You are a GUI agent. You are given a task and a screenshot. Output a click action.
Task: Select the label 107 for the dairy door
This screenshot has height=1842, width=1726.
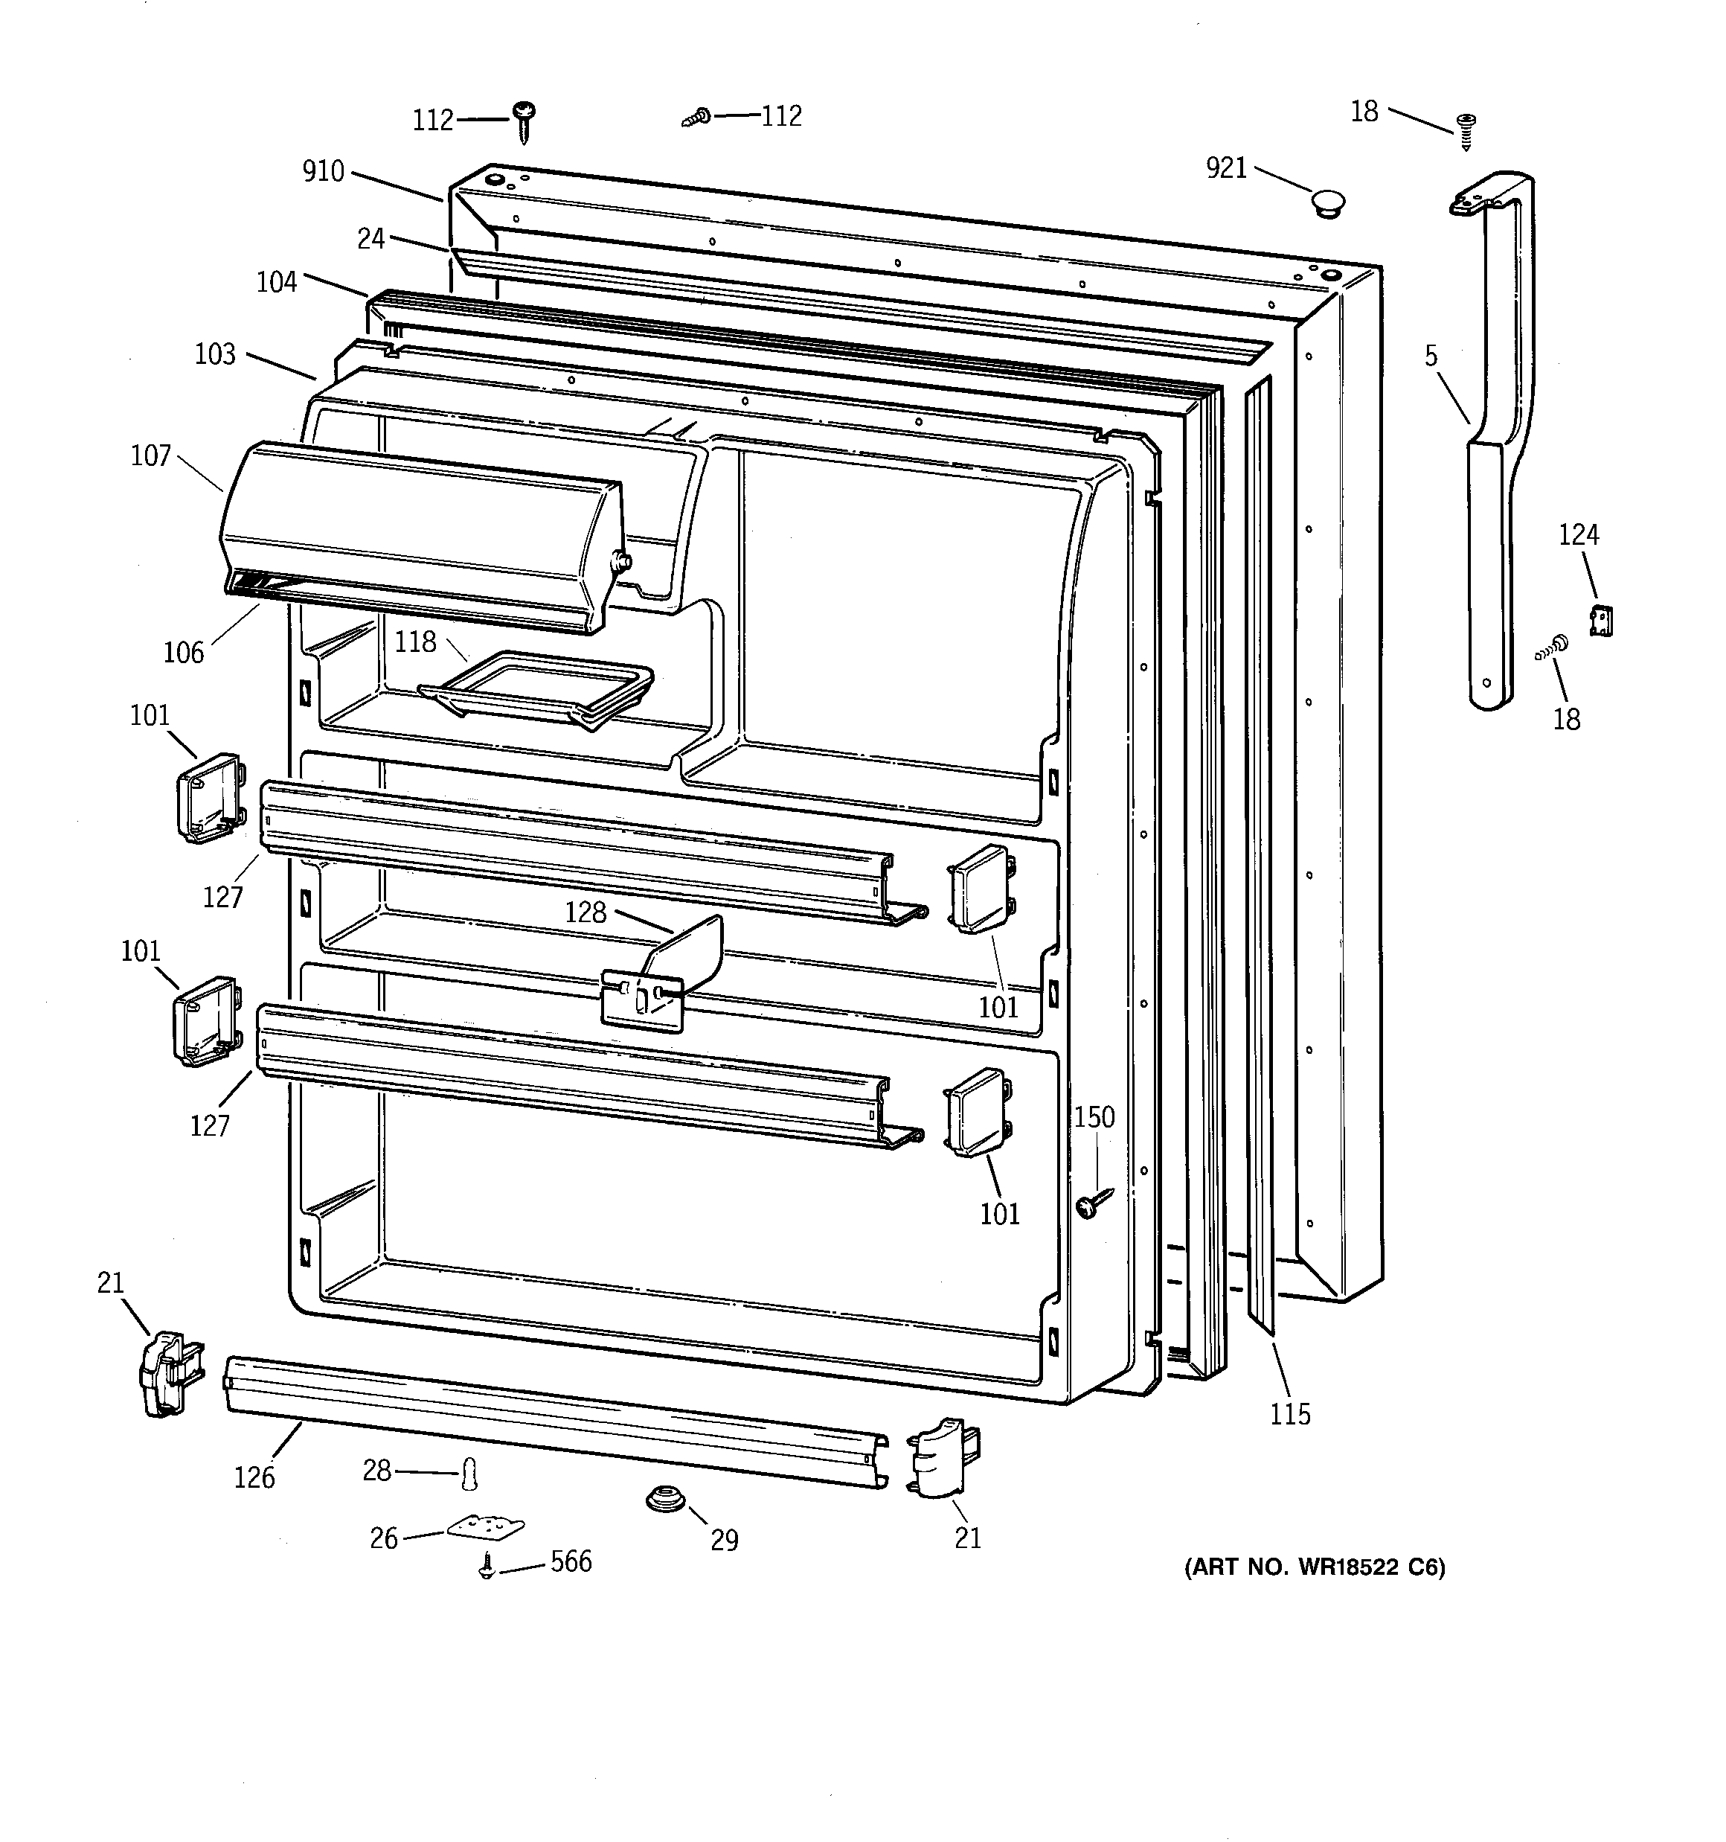151,456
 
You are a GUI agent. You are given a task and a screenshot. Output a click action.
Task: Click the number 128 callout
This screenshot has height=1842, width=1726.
586,912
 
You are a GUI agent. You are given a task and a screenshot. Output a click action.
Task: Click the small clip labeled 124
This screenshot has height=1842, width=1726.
1601,620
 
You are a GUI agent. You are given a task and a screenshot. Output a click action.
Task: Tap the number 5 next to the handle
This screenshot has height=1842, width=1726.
1431,356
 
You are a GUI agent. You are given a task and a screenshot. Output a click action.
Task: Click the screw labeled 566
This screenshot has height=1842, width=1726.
486,1566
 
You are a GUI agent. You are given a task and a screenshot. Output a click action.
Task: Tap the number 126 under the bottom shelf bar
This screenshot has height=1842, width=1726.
254,1477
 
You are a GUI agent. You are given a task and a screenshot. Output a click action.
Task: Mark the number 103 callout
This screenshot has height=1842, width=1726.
215,354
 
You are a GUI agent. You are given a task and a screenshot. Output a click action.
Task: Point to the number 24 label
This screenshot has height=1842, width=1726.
370,239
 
